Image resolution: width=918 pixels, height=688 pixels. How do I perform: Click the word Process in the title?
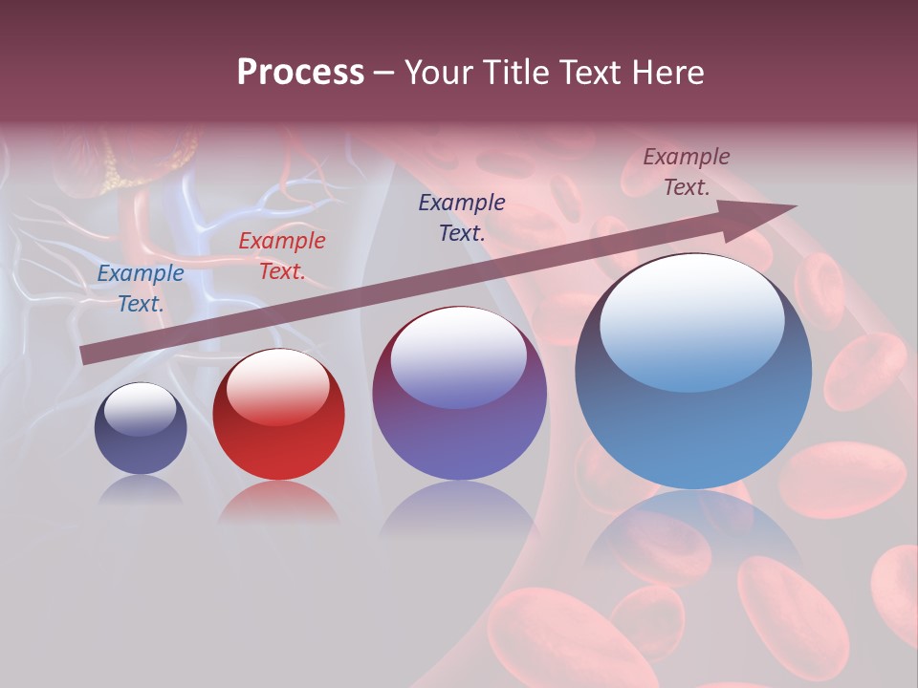click(x=300, y=73)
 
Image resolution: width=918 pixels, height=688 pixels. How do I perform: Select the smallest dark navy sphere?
click(x=141, y=429)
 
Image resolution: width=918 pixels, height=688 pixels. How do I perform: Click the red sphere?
click(x=278, y=415)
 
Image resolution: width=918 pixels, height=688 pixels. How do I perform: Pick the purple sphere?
click(x=459, y=394)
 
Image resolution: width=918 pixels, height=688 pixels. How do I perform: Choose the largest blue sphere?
click(x=693, y=373)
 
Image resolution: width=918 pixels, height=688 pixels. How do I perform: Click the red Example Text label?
click(x=282, y=256)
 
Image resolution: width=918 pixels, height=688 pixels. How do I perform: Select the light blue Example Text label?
click(x=141, y=289)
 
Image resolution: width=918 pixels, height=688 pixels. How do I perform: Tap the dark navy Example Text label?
click(x=462, y=217)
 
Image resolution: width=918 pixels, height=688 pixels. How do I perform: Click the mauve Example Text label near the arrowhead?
click(x=687, y=172)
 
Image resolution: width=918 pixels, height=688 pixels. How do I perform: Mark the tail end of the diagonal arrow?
click(x=88, y=355)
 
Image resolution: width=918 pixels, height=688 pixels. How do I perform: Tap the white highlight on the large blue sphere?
click(x=691, y=321)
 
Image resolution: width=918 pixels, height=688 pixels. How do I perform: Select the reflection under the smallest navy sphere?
click(x=141, y=490)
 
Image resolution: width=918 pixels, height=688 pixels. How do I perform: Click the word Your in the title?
click(x=440, y=73)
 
